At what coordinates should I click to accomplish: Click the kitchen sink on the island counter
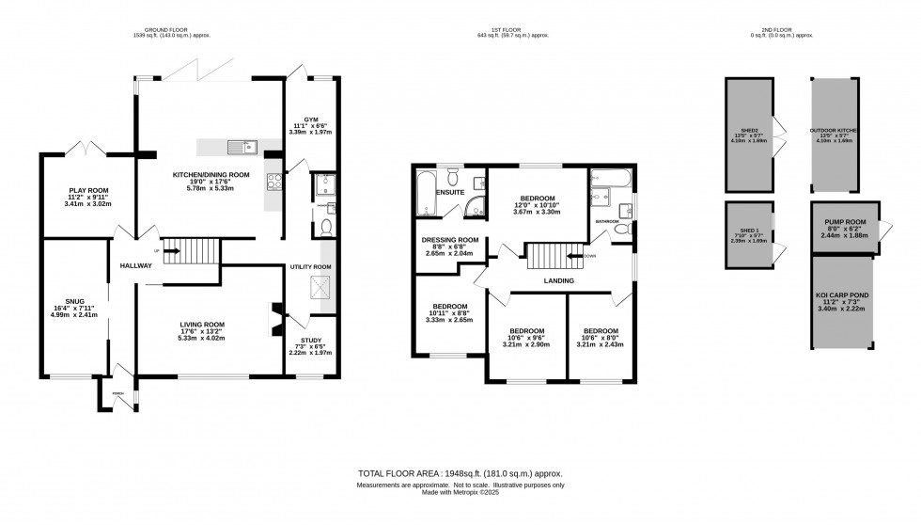click(x=249, y=146)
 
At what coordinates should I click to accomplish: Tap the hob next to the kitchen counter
click(x=273, y=181)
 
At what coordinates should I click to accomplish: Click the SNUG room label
click(x=74, y=301)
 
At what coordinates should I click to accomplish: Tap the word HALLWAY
click(x=135, y=266)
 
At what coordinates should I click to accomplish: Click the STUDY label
click(x=311, y=340)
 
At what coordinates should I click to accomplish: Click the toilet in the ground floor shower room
click(x=325, y=227)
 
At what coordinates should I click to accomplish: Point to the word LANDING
click(x=558, y=280)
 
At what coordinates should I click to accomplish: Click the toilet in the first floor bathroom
click(x=619, y=229)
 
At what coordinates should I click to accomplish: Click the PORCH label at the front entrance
click(x=117, y=393)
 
